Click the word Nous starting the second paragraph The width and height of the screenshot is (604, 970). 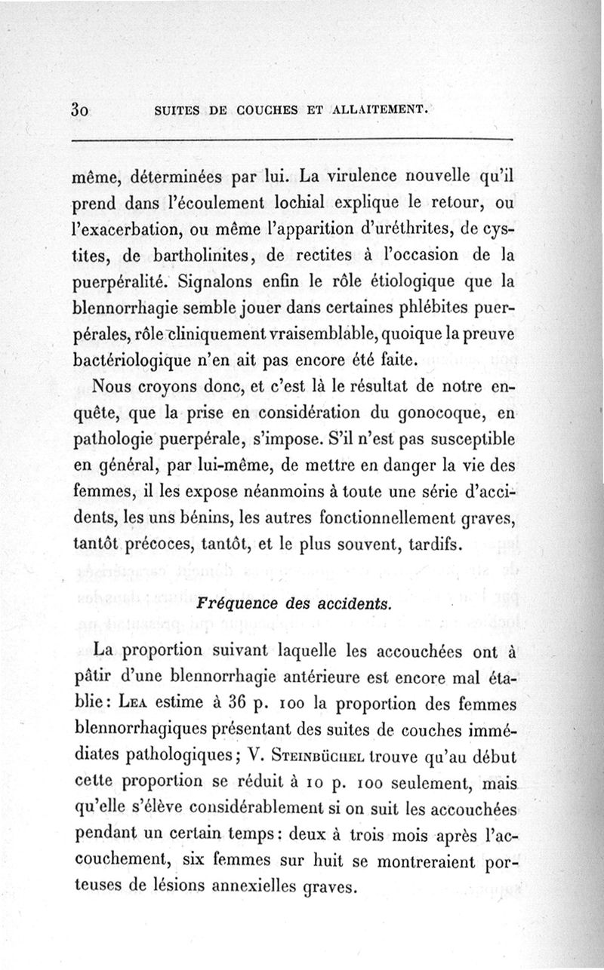(114, 386)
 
